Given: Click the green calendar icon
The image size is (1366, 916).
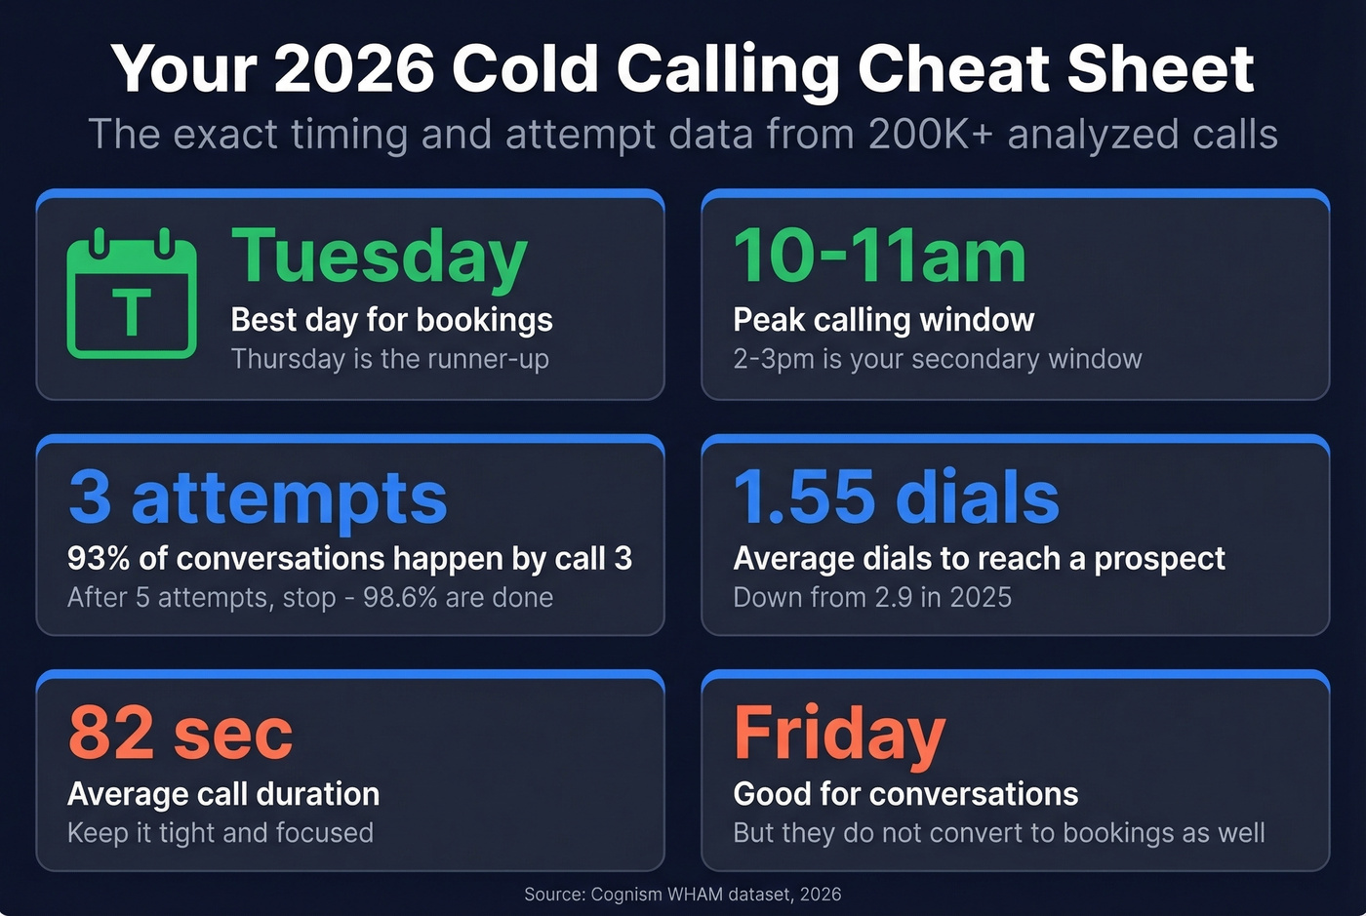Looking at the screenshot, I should click(x=132, y=295).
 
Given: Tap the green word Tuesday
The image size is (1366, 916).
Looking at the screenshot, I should click(x=380, y=257).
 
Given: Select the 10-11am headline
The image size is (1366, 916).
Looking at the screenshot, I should click(x=879, y=257).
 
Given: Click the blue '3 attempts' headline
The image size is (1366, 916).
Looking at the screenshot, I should click(x=258, y=497).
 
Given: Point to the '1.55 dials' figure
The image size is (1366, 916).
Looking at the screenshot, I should click(x=896, y=497).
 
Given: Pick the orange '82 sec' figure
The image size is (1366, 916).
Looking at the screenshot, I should click(x=181, y=733).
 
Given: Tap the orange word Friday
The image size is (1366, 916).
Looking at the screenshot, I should click(x=839, y=733).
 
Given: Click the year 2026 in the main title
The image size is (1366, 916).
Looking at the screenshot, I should click(x=353, y=68).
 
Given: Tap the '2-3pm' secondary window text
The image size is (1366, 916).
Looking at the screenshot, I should click(x=774, y=359).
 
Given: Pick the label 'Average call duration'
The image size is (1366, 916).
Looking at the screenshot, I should click(x=223, y=794).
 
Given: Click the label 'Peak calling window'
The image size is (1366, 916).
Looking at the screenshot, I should click(x=883, y=320).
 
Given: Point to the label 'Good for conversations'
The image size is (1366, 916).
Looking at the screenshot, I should click(x=905, y=794).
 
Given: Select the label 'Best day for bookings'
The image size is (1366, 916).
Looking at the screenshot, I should click(x=391, y=320).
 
